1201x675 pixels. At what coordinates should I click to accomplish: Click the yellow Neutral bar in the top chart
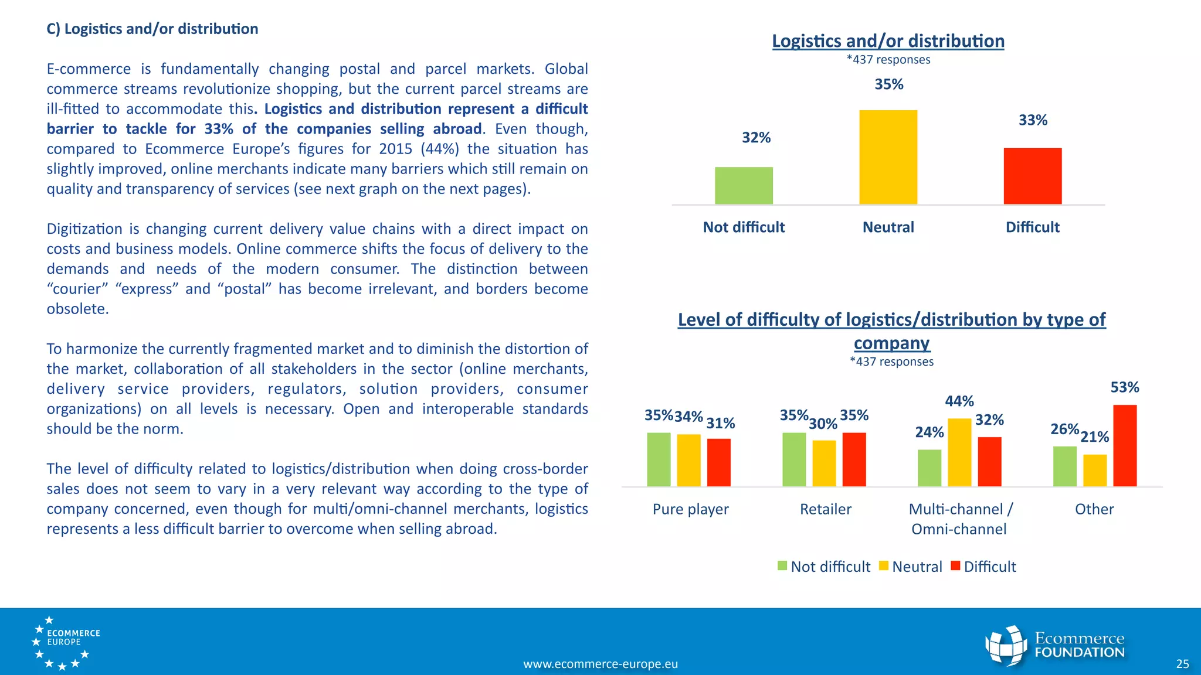pos(888,157)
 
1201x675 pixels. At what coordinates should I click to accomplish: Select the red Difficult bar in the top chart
pos(1032,176)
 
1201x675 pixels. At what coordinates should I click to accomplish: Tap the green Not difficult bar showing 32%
pos(744,186)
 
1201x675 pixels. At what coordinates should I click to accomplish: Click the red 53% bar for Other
pos(1125,445)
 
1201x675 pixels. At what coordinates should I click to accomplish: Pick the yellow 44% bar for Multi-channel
pos(959,452)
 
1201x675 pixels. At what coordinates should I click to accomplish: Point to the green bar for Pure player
pos(659,459)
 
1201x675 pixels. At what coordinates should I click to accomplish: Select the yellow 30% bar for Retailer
pos(824,463)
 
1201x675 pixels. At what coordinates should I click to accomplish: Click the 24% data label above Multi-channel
pos(929,432)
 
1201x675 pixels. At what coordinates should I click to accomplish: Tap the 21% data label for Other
pos(1094,437)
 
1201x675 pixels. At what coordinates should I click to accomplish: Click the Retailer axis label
pos(825,509)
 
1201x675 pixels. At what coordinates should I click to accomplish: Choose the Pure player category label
pos(690,509)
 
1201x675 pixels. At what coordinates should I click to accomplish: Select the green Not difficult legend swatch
pos(782,566)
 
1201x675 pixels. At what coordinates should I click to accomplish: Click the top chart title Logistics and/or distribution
pos(888,41)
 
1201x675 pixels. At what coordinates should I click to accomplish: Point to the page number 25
pos(1182,664)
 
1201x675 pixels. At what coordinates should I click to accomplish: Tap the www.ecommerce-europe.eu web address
pos(600,664)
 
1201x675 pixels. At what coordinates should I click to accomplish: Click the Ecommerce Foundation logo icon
pos(1006,646)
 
